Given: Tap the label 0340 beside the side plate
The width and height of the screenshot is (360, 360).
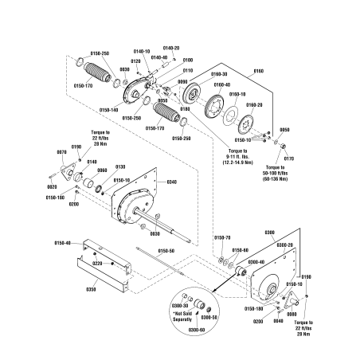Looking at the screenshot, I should (173, 182).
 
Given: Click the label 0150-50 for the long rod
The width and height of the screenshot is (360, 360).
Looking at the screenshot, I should (166, 251).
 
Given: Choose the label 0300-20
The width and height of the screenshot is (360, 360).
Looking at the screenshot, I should (285, 245).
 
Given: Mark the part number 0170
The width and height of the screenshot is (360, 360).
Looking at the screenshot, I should (288, 158).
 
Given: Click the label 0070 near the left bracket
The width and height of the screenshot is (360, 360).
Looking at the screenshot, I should (61, 151).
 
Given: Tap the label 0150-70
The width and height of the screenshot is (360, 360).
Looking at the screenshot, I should (222, 237).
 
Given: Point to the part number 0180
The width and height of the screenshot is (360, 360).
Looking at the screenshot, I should (185, 108).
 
